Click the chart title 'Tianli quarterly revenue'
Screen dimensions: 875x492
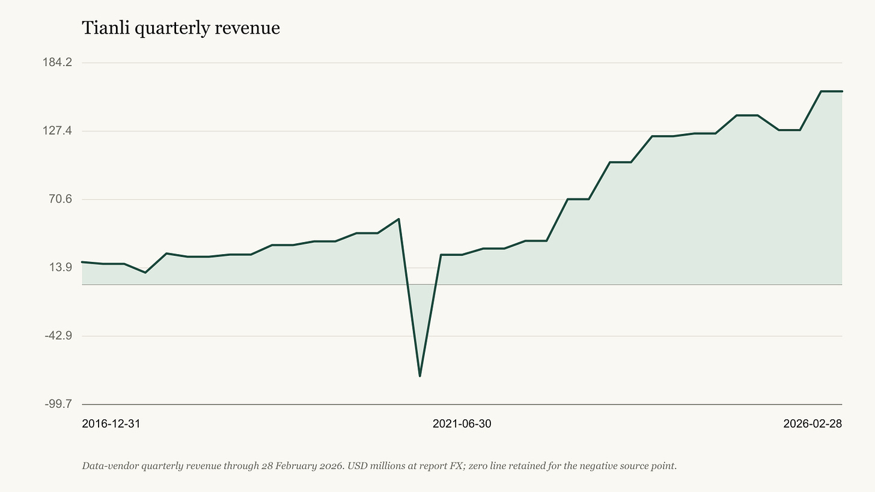[181, 28]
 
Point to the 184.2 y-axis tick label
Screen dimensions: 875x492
[58, 62]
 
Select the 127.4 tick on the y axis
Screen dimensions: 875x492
[58, 130]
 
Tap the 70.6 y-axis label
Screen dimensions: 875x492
[61, 199]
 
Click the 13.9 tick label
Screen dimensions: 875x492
[61, 267]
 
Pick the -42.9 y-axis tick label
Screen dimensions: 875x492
[59, 336]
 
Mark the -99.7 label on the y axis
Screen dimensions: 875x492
[59, 404]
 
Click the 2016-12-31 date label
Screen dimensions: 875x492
[111, 424]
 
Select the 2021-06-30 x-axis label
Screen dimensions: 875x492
[462, 424]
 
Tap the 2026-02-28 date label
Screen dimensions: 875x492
[812, 424]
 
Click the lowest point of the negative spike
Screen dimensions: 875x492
[419, 376]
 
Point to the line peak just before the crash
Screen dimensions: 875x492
[398, 219]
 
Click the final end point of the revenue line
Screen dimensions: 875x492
[842, 91]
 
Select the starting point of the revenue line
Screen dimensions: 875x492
[82, 262]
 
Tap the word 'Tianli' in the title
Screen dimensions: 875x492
[106, 28]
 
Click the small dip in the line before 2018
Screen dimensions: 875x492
[145, 273]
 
